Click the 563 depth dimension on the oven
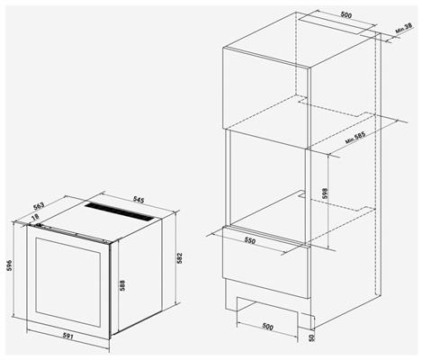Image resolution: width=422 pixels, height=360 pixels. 39,205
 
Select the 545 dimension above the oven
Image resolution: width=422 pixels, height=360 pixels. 139,200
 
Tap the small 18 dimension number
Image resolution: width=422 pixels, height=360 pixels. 35,216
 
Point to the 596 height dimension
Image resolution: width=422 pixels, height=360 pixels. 10,265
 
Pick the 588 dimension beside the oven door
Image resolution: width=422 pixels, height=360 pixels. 122,285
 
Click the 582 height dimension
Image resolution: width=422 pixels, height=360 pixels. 179,258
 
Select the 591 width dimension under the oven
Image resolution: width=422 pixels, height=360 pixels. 67,336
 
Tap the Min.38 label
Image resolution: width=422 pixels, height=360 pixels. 404,28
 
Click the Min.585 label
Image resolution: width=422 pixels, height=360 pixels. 355,138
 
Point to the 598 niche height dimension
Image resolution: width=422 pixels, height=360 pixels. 325,193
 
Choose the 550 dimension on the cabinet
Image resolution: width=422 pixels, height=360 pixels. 249,240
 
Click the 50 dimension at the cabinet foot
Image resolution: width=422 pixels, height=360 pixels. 312,337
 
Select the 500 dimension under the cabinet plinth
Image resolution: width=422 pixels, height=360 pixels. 267,327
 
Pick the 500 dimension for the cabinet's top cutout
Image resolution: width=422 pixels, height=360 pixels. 346,15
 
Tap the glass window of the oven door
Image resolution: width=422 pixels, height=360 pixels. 68,282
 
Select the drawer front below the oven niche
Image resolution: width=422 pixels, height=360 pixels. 266,262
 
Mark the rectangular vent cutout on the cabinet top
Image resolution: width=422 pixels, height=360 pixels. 337,22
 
